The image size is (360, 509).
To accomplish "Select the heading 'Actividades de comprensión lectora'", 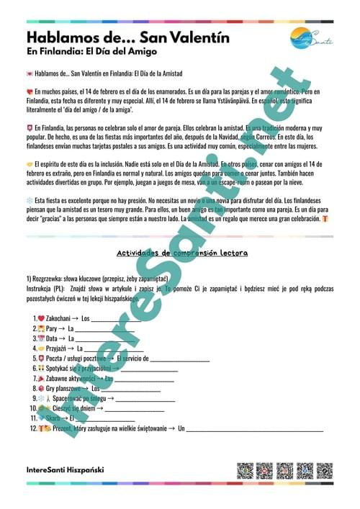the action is coord(182,253).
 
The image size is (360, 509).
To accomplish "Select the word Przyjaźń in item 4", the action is coord(60,348).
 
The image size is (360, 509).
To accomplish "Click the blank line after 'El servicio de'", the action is coord(179,358).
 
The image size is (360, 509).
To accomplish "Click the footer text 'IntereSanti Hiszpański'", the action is coord(65,469).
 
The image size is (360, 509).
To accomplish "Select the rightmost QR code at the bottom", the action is coord(324,471).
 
